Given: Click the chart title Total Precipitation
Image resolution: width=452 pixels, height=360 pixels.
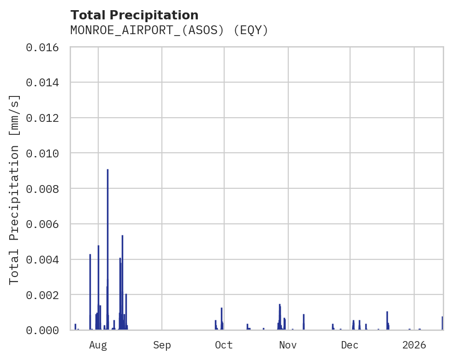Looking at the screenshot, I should tap(134, 15).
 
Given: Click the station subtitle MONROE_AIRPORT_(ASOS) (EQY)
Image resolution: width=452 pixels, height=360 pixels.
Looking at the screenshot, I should tap(169, 30).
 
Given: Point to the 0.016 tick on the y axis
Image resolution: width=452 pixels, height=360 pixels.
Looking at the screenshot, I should tap(45, 47).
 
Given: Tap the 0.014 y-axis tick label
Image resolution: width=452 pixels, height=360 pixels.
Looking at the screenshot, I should tap(45, 83).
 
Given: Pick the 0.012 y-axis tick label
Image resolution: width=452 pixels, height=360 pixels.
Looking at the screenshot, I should tap(45, 118).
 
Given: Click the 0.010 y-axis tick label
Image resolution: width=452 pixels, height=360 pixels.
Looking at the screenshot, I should tap(45, 153).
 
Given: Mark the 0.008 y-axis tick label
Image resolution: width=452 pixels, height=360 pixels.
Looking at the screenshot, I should tap(45, 189).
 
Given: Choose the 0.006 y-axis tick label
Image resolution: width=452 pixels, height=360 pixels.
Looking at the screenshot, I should tap(45, 224).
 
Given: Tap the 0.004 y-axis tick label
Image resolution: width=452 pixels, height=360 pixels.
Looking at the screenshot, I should tap(45, 259).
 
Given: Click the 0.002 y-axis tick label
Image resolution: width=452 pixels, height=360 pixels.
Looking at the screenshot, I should tap(45, 295).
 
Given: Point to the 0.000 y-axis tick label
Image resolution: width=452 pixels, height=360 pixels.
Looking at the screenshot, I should tap(45, 330).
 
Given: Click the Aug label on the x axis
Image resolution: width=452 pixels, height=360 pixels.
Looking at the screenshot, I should tap(98, 345).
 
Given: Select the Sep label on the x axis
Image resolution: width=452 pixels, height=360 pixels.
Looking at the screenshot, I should tap(162, 345).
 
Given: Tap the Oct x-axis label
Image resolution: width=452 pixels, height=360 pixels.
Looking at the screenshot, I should tap(224, 345).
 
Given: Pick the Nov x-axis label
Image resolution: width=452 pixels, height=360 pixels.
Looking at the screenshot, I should tap(287, 345).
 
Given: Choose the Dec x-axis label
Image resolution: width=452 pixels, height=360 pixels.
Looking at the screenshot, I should tap(350, 345).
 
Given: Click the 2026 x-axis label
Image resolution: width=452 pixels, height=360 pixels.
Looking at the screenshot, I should tap(414, 345).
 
